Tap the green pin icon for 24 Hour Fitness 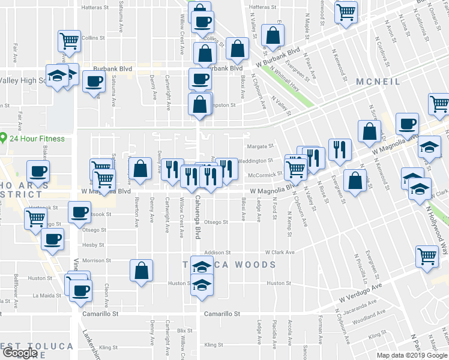[x=4, y=139]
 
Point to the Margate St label [x=260, y=146]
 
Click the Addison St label [x=217, y=253]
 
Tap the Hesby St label [x=93, y=245]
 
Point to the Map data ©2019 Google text [x=412, y=355]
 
